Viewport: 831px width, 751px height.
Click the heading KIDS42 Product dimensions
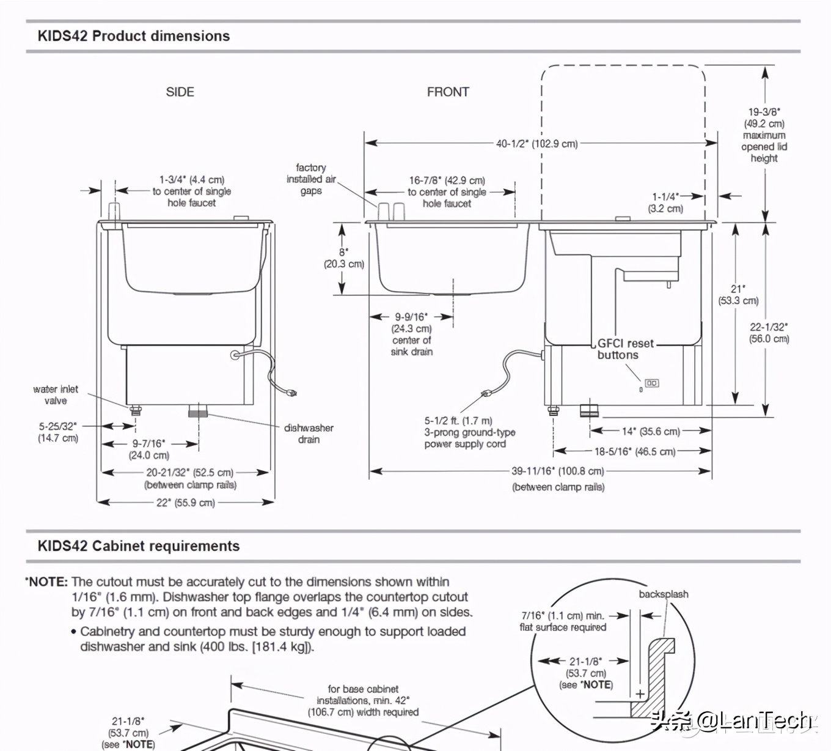click(x=133, y=36)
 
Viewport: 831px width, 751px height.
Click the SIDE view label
click(x=180, y=92)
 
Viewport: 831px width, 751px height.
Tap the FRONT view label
click(x=448, y=92)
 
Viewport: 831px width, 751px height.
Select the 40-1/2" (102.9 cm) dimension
click(x=537, y=144)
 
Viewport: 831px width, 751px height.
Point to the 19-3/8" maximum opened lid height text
click(x=764, y=135)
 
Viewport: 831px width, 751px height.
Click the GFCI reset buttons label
click(x=625, y=349)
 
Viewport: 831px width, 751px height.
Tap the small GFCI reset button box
click(x=651, y=383)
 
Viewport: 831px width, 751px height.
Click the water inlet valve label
click(x=56, y=395)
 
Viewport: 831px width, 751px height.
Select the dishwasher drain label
click(x=309, y=434)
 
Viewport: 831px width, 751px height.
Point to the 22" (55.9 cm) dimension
click(x=186, y=503)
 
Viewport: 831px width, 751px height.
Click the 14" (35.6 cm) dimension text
click(x=650, y=431)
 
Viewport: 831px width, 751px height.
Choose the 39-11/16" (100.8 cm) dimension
click(x=558, y=471)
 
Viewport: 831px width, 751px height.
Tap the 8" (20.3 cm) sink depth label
click(x=344, y=258)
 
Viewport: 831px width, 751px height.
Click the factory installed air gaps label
click(x=311, y=179)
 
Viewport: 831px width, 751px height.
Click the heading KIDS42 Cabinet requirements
click(x=138, y=546)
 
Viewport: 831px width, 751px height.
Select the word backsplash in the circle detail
click(x=663, y=594)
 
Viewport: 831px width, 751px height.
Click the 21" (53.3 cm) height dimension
click(x=738, y=294)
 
